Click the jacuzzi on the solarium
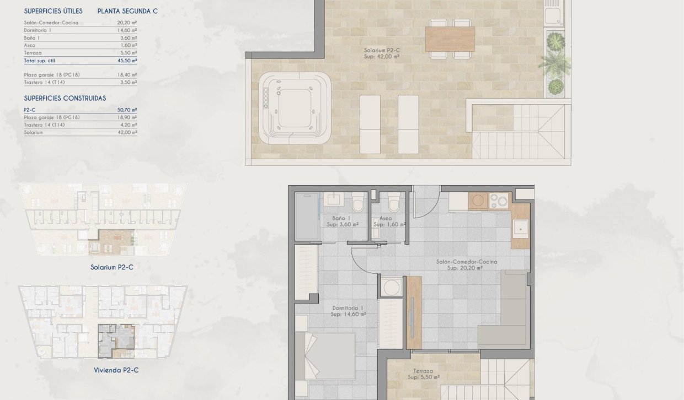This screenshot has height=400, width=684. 295,108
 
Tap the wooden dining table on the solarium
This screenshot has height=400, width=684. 450,39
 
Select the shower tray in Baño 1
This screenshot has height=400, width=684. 307,216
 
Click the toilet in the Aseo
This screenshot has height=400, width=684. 394,204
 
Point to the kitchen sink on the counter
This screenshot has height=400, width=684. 520,228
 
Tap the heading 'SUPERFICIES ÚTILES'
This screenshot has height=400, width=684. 54,11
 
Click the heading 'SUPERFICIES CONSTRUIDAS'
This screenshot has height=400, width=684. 65,98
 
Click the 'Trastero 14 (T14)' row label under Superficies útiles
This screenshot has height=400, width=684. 44,82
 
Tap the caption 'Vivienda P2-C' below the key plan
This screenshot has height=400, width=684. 116,370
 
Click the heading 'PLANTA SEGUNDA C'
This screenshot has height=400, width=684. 127,11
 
